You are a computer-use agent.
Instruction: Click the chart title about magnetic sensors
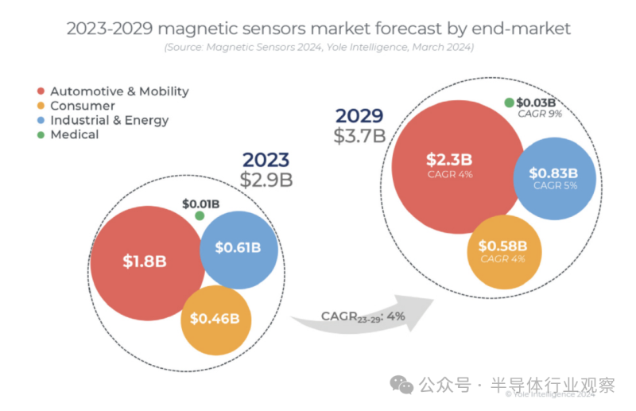coord(318,29)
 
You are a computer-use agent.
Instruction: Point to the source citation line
coord(319,48)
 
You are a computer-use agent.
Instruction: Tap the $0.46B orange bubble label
coord(215,319)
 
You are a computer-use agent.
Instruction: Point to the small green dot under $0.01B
coord(200,215)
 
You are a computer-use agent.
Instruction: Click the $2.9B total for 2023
coord(266,179)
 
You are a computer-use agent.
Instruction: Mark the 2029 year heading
coord(360,115)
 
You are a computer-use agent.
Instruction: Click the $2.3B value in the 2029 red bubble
coord(449,159)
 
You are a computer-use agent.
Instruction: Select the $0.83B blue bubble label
coord(553,173)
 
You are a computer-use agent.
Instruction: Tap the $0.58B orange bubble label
coord(504,246)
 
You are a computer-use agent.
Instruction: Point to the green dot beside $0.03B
coord(509,103)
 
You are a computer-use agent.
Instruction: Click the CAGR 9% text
coord(540,114)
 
